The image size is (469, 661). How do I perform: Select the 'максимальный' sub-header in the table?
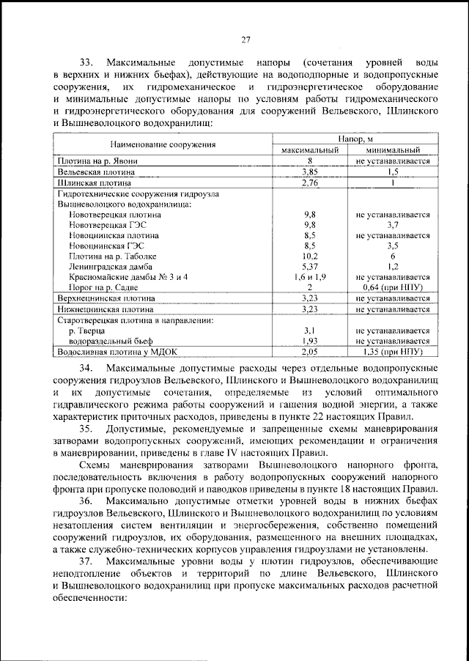[310, 149]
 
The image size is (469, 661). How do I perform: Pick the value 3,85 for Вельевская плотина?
[310, 171]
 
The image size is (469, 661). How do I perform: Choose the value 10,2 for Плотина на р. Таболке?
[310, 257]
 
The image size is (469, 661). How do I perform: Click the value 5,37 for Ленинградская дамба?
[310, 267]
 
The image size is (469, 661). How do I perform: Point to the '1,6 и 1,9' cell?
[310, 278]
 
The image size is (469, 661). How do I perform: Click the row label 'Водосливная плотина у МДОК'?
[117, 352]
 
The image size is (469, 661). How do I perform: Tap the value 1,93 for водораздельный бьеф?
[310, 341]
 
